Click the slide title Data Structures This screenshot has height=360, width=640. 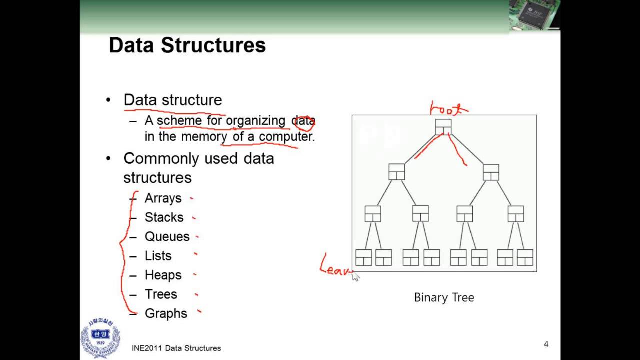tap(187, 45)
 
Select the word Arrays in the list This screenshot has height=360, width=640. tap(163, 198)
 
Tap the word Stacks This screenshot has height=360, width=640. tap(164, 217)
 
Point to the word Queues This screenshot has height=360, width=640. tap(167, 236)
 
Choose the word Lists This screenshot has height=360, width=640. tap(158, 256)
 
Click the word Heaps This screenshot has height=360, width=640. tap(163, 275)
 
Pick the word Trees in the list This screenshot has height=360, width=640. tap(161, 294)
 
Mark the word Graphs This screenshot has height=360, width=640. tap(166, 313)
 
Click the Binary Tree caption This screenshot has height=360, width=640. tap(444, 297)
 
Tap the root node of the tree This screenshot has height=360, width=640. tap(443, 127)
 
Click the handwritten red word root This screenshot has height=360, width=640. tap(449, 108)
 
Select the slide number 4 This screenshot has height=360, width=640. tap(546, 344)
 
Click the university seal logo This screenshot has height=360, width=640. tap(100, 339)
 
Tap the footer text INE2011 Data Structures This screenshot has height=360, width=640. tap(176, 348)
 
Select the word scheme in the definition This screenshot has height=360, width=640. tap(179, 121)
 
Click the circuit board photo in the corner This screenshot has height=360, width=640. tap(534, 15)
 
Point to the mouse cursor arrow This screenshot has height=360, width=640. tap(355, 276)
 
